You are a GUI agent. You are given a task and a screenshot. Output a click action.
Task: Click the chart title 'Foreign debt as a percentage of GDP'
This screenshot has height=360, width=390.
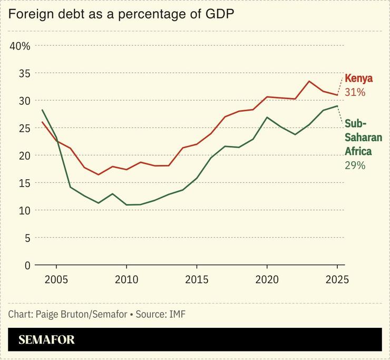click(x=121, y=15)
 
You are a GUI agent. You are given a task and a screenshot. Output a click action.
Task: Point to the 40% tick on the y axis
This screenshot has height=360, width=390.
click(x=21, y=46)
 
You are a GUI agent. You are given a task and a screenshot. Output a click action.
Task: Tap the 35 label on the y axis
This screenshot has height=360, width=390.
click(x=24, y=73)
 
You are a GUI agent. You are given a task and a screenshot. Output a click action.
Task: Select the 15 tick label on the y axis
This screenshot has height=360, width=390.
click(x=24, y=183)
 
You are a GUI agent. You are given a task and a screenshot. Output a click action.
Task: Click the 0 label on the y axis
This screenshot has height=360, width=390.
click(x=27, y=265)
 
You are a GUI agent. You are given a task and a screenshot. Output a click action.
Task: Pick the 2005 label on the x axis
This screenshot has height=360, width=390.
click(x=56, y=279)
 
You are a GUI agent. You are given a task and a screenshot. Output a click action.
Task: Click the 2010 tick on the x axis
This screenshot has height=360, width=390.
click(x=126, y=279)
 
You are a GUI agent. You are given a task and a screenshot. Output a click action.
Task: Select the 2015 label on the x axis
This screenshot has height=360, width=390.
click(x=196, y=279)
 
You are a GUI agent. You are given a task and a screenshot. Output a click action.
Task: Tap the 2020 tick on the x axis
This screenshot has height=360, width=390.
click(x=267, y=279)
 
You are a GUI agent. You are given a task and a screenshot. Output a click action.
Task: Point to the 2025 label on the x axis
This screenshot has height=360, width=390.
click(x=337, y=279)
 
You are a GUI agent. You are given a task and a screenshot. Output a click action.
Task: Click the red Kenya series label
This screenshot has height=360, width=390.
click(x=358, y=79)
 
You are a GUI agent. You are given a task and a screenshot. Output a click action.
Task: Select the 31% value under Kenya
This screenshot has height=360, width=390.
click(x=355, y=92)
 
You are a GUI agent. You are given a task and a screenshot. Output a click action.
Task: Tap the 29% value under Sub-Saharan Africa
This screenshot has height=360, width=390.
click(x=355, y=165)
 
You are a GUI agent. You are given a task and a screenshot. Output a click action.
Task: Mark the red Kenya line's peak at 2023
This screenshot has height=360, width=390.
click(x=309, y=81)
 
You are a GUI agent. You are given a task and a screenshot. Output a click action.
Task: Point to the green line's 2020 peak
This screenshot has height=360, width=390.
click(x=267, y=117)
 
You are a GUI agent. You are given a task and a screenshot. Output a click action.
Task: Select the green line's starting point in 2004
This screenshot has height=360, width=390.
click(x=42, y=110)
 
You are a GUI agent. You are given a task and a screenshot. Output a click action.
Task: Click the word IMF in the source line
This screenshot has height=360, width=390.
click(x=177, y=314)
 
